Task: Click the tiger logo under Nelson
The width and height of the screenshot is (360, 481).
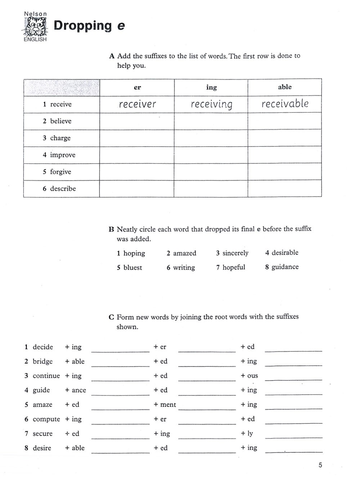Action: [x=35, y=27]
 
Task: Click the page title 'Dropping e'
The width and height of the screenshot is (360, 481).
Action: [x=89, y=26]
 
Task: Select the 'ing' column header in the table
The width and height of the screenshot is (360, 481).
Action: [x=211, y=87]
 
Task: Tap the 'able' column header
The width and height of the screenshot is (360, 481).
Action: [x=285, y=87]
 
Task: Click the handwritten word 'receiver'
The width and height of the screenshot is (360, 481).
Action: [x=137, y=104]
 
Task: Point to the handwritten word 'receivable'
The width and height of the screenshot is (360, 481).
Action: [x=285, y=104]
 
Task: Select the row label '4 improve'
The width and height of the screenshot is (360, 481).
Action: [x=59, y=155]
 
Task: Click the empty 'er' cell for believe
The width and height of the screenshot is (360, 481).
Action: [x=137, y=121]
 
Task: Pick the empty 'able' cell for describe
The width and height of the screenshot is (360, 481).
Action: [x=284, y=189]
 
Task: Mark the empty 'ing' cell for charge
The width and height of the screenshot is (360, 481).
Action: [x=211, y=138]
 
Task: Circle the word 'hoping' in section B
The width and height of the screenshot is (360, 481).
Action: [x=134, y=253]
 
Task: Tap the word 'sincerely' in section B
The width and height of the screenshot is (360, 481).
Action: [x=235, y=253]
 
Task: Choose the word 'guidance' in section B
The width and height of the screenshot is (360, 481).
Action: [x=285, y=267]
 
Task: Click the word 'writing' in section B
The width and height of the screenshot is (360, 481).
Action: [x=184, y=268]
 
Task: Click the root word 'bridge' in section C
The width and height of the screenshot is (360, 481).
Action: [x=42, y=361]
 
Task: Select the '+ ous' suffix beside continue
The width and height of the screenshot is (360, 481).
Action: [x=249, y=376]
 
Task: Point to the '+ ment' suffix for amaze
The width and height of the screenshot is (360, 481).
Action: [x=165, y=405]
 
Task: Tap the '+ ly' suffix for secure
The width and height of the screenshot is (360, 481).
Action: [x=247, y=433]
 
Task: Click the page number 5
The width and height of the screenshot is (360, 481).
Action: [x=320, y=465]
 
